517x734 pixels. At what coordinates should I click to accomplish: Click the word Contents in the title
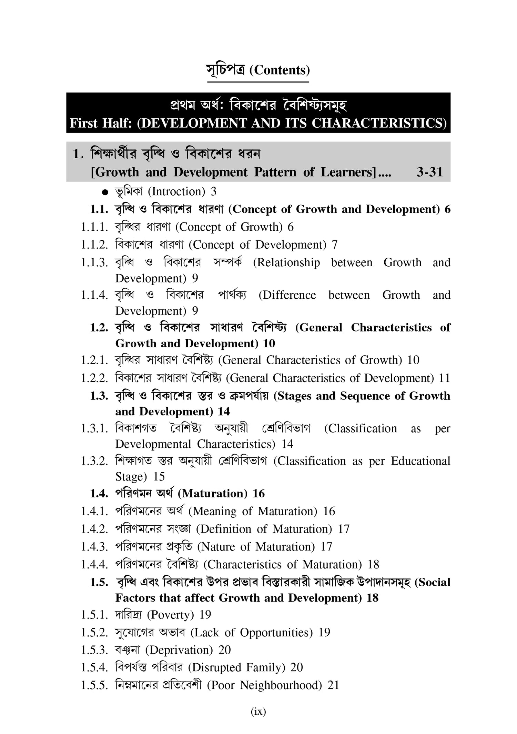click(x=280, y=70)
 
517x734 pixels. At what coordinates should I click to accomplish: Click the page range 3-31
click(x=429, y=172)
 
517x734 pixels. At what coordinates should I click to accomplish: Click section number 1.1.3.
click(x=94, y=262)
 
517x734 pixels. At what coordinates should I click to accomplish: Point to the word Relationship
click(x=288, y=262)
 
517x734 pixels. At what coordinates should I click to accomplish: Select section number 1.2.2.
click(x=94, y=378)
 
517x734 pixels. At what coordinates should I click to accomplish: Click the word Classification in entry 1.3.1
click(x=363, y=428)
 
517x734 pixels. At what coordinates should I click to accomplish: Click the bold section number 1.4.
click(x=99, y=494)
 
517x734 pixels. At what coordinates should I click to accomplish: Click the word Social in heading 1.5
click(x=435, y=582)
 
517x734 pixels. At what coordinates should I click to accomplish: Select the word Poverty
click(x=171, y=615)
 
